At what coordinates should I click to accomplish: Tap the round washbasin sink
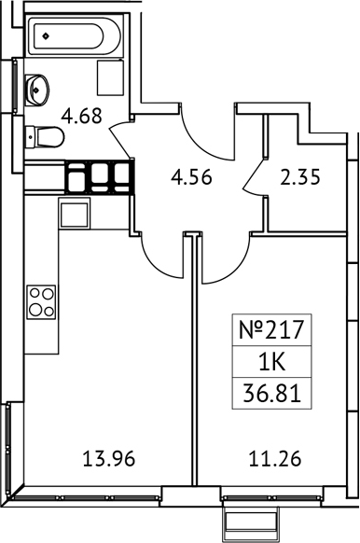coord(37,90)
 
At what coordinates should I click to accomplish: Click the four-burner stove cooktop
coord(42,301)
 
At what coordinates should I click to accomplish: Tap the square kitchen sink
coord(75,214)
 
